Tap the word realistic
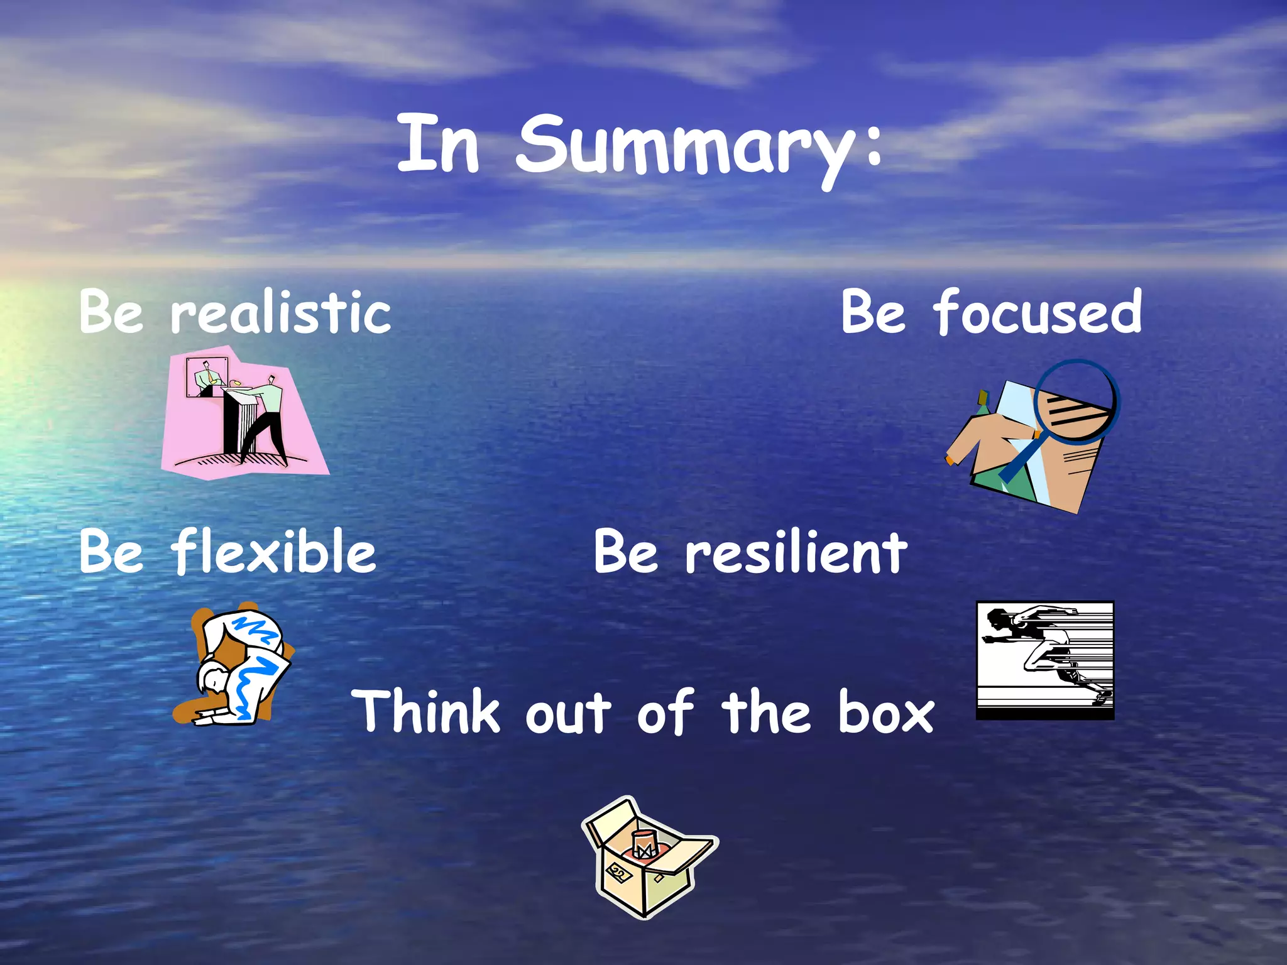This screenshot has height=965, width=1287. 280,312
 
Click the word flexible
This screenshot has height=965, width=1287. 273,552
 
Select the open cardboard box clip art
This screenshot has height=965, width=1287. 648,858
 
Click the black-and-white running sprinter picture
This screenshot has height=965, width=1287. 1044,660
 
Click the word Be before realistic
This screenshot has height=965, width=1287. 111,312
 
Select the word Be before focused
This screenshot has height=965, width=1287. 874,312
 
